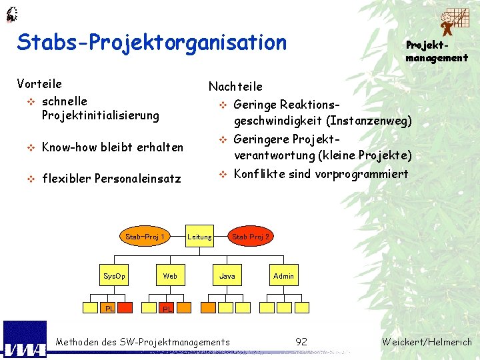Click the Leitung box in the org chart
click(x=199, y=237)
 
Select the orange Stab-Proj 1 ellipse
click(x=145, y=237)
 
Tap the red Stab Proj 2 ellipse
click(x=251, y=237)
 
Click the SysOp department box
click(x=114, y=275)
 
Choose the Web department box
click(x=170, y=275)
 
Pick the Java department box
click(x=227, y=275)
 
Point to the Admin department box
click(x=283, y=275)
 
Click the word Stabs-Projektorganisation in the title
click(x=152, y=43)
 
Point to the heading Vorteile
click(x=39, y=84)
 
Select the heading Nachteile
click(x=235, y=87)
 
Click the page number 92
click(x=301, y=342)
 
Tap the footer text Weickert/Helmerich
click(x=427, y=342)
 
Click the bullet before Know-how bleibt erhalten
click(x=29, y=147)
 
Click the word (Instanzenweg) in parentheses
click(x=369, y=121)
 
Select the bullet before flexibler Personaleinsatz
click(x=29, y=179)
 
